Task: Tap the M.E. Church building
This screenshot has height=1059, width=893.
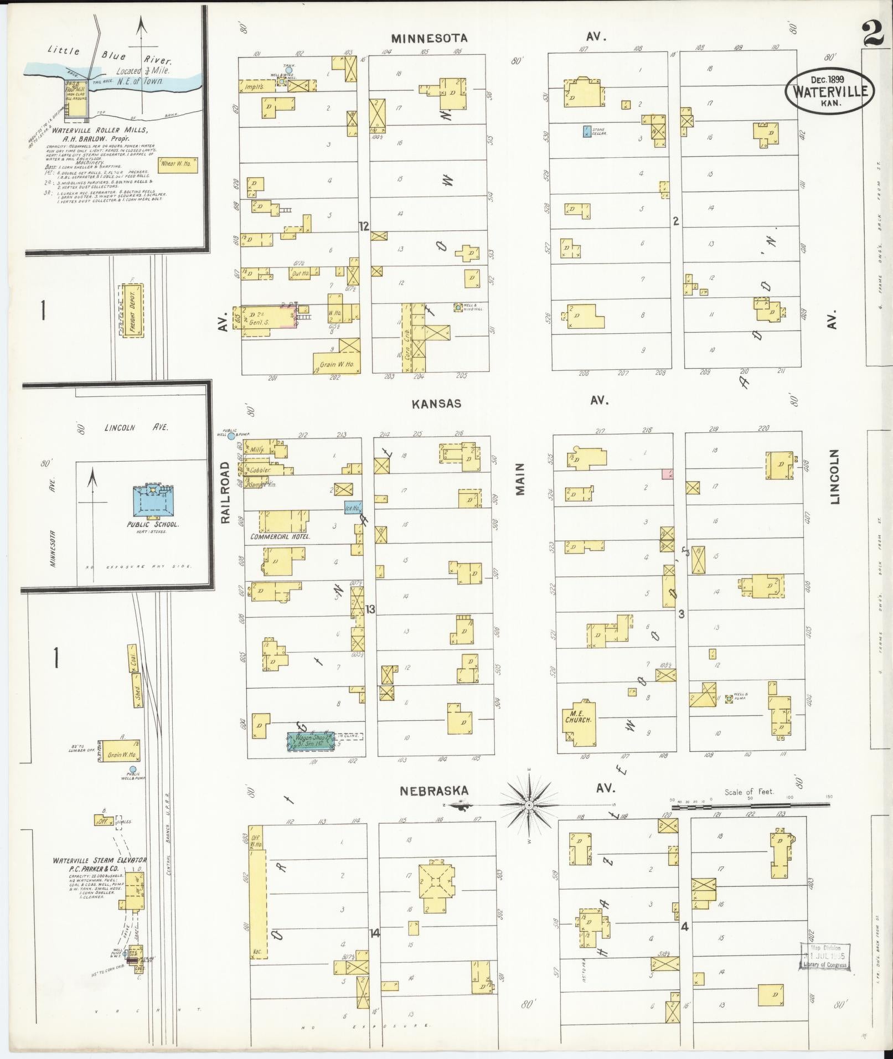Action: click(x=579, y=719)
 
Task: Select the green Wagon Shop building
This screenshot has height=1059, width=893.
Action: click(x=310, y=741)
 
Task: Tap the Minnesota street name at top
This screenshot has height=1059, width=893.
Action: click(x=429, y=38)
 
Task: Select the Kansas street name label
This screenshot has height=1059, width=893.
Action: click(x=436, y=404)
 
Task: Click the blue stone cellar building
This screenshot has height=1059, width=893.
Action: click(x=586, y=131)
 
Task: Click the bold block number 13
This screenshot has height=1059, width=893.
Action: click(x=370, y=609)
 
